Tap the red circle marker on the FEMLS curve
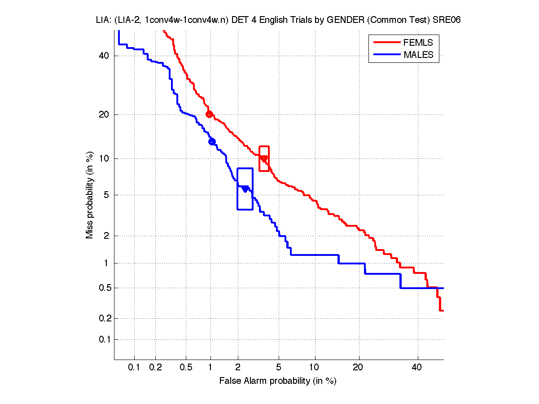coord(209,114)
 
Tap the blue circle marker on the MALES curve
coord(212,141)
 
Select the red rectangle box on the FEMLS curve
coord(264,158)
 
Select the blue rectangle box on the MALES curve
coord(245,189)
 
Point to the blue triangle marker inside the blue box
coord(245,189)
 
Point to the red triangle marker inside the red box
coord(264,159)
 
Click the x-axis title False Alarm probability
coord(278,381)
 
